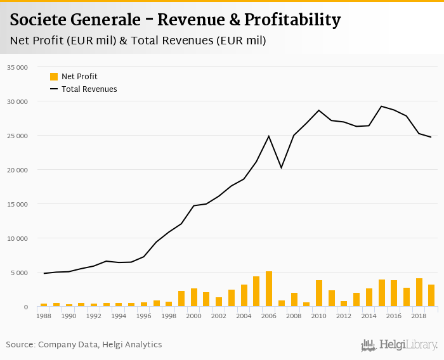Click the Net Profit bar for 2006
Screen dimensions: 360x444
pos(269,289)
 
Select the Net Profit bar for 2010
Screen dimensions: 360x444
pos(319,293)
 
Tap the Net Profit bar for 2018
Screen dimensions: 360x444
pos(419,293)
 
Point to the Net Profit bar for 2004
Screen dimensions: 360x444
pos(244,296)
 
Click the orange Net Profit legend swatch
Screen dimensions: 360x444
pos(54,77)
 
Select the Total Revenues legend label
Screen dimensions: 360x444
pos(89,89)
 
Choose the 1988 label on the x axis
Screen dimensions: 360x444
pos(44,316)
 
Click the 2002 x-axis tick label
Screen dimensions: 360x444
pos(219,316)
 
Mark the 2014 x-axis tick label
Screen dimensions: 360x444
pos(369,316)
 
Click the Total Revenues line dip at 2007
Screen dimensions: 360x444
pos(282,167)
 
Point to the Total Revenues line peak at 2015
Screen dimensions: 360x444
pos(381,106)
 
